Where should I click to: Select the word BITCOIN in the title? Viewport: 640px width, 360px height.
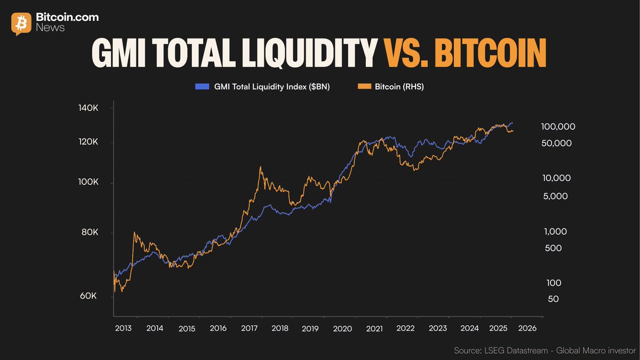pos(491,53)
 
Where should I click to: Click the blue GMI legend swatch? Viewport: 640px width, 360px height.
pos(202,86)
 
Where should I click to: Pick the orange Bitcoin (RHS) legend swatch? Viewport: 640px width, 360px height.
pos(364,86)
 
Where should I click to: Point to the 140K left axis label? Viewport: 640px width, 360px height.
pos(88,108)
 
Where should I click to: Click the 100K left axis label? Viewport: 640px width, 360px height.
pos(88,182)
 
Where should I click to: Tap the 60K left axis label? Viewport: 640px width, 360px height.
pos(88,296)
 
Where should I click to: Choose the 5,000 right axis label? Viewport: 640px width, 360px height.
pos(556,196)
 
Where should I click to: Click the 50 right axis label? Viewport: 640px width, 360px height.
pos(553,299)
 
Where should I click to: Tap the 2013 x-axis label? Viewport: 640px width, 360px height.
pos(124,329)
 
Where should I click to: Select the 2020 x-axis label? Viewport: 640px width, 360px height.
pos(343,329)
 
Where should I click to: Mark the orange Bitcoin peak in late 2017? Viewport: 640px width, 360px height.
pos(260,167)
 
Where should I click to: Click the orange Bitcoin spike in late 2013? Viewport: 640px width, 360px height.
pos(134,233)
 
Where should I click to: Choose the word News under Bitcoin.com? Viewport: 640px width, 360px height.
pos(50,28)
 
